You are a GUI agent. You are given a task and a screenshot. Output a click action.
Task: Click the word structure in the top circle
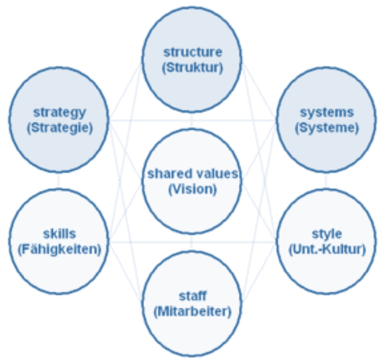pyautogui.click(x=192, y=53)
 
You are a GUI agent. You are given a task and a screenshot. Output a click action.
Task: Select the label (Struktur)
pyautogui.click(x=192, y=67)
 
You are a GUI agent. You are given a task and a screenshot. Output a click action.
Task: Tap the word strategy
pyautogui.click(x=59, y=112)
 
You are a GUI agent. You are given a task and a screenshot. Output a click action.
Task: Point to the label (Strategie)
pyautogui.click(x=59, y=127)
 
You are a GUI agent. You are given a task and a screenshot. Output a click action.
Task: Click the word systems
pyautogui.click(x=326, y=112)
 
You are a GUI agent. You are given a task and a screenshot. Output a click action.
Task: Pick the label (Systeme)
pyautogui.click(x=326, y=127)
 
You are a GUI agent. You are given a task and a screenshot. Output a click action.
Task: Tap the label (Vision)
pyautogui.click(x=192, y=189)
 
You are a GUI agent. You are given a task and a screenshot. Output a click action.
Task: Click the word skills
pyautogui.click(x=59, y=234)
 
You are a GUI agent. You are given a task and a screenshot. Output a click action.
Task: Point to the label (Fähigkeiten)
pyautogui.click(x=59, y=249)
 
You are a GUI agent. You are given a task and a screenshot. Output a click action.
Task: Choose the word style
pyautogui.click(x=326, y=234)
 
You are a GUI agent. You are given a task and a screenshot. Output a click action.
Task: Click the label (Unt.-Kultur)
pyautogui.click(x=326, y=249)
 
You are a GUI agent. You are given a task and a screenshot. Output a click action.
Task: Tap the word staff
pyautogui.click(x=192, y=296)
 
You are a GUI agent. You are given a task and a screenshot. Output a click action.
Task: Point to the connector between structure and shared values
pyautogui.click(x=192, y=121)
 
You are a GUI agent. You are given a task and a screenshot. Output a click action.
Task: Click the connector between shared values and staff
pyautogui.click(x=192, y=242)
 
